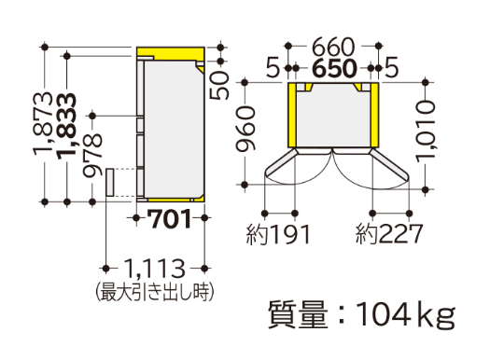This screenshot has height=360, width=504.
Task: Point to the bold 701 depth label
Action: [171, 218]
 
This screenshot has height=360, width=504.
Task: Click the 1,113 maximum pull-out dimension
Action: [155, 269]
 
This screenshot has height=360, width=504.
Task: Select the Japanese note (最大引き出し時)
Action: [155, 292]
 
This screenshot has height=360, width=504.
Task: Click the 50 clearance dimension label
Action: [219, 86]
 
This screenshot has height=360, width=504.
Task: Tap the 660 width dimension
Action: [333, 47]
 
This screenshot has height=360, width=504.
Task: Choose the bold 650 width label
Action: [335, 68]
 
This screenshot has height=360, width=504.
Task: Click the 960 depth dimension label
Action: [245, 129]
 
